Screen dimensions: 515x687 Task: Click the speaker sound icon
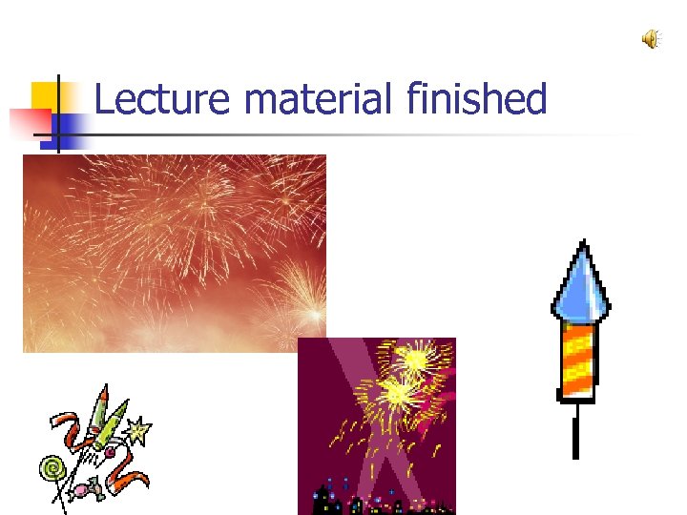[x=651, y=39]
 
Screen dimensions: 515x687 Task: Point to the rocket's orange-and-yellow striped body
[x=577, y=358]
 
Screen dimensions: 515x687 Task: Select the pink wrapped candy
[x=95, y=488]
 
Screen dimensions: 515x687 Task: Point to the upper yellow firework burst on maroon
[x=418, y=360]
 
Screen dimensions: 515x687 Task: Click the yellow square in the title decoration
[x=43, y=94]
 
